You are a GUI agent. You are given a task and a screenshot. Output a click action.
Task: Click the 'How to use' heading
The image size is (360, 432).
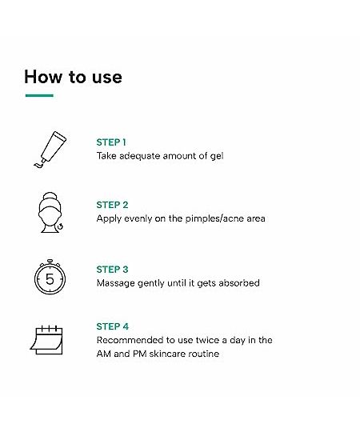pos(73,77)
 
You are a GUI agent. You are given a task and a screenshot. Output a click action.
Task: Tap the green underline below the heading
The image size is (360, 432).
pos(39,96)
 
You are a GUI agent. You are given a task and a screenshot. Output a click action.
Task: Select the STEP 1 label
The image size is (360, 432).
pos(111,142)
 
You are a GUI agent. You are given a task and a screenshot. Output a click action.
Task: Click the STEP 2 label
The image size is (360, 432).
pos(112,205)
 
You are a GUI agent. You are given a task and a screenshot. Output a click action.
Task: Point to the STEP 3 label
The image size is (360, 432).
pos(112,270)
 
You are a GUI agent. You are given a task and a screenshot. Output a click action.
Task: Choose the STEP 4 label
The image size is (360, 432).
pos(113,326)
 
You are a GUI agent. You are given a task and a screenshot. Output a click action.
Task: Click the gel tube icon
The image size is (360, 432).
pos(50,150)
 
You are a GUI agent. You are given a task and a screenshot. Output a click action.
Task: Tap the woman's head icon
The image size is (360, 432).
pos(50,213)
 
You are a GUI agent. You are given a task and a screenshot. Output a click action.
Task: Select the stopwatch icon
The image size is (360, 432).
pos(50,277)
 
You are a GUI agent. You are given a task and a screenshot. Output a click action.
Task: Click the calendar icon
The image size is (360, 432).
pos(47,340)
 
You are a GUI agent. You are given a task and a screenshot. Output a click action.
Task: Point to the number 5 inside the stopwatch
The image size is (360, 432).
pos(50,279)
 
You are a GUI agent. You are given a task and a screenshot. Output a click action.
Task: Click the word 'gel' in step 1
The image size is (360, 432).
pos(217,157)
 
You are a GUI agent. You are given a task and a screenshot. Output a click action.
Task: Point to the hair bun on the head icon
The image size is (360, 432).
pos(50,198)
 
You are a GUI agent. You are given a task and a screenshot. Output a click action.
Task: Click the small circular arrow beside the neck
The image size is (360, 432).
pos(60,226)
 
